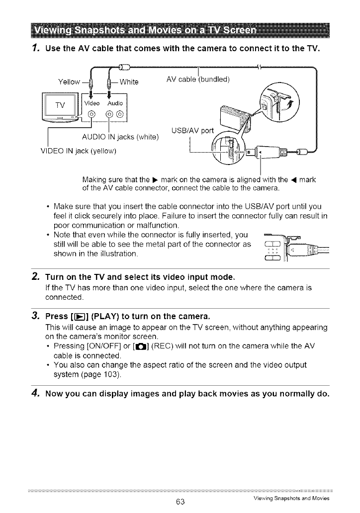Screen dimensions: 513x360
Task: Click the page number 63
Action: click(x=180, y=502)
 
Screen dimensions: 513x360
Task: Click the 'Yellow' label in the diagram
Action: click(x=69, y=82)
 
